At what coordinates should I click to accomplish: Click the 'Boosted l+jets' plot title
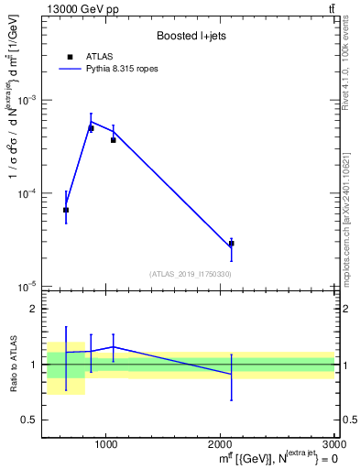tap(191, 36)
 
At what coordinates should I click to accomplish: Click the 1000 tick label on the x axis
tap(107, 445)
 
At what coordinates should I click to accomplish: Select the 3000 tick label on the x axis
tap(332, 445)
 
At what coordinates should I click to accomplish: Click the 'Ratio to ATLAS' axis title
tap(12, 364)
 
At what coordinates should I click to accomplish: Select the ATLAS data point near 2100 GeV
tap(232, 244)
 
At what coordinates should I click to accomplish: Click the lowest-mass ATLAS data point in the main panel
tap(66, 210)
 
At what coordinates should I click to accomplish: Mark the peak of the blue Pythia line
tap(91, 121)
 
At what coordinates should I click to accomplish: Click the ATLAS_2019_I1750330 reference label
tap(191, 274)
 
